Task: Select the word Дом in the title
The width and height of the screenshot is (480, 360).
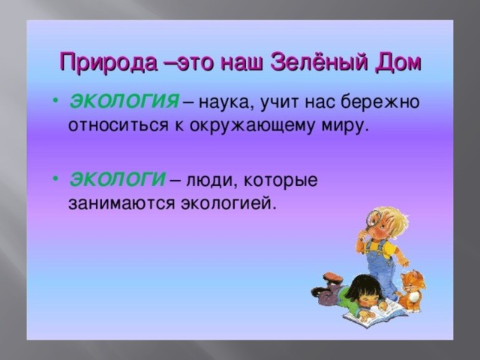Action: point(398,63)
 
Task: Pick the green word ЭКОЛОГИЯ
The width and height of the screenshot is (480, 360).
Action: point(124,101)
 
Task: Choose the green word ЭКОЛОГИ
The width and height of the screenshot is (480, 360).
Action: point(118,179)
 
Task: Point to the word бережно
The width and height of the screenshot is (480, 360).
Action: point(379,101)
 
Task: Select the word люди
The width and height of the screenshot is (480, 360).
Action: point(211,180)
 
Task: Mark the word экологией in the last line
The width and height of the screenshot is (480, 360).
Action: point(228,203)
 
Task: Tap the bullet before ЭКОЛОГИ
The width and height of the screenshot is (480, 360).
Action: point(55,178)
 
